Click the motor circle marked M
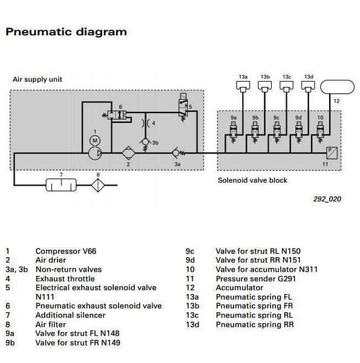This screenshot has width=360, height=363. pyautogui.click(x=95, y=140)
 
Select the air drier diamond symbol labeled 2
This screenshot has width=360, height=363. pyautogui.click(x=128, y=153)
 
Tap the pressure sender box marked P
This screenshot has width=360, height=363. pyautogui.click(x=332, y=153)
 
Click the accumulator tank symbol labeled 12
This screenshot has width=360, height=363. pyautogui.click(x=338, y=87)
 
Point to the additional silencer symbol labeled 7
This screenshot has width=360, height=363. pyautogui.click(x=61, y=185)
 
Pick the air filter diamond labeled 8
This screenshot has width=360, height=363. pyautogui.click(x=98, y=185)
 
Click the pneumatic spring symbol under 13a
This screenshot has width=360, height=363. pyautogui.click(x=243, y=87)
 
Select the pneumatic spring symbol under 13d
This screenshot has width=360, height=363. pyautogui.click(x=308, y=87)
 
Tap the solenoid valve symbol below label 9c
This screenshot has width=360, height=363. pyautogui.click(x=277, y=132)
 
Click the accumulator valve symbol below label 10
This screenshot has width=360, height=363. pyautogui.click(x=320, y=132)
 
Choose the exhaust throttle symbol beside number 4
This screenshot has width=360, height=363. pyautogui.click(x=145, y=123)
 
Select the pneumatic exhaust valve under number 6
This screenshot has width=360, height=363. pyautogui.click(x=117, y=115)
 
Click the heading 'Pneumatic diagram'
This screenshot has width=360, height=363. pyautogui.click(x=66, y=32)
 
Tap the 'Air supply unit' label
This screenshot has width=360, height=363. pyautogui.click(x=38, y=79)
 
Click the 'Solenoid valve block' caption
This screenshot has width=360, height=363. pyautogui.click(x=252, y=180)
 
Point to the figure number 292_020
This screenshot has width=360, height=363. pyautogui.click(x=327, y=199)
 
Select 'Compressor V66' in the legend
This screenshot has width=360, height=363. pyautogui.click(x=66, y=251)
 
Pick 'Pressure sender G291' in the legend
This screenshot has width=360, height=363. pyautogui.click(x=256, y=278)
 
